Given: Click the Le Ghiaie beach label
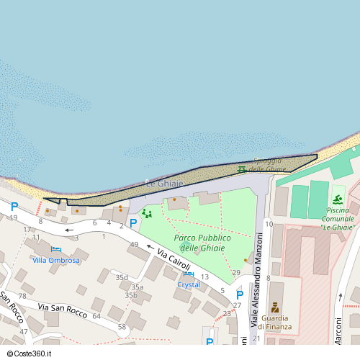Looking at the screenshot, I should [165, 184].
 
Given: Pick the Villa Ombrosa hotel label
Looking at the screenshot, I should [55, 260].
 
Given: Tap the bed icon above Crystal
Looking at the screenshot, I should [189, 274].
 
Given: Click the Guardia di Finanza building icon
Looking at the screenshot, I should [274, 307].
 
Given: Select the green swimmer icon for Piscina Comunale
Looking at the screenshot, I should [338, 199].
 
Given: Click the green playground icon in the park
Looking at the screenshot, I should [147, 213].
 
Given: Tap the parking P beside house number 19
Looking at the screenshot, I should [14, 207].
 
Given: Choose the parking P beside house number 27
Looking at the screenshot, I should [239, 294].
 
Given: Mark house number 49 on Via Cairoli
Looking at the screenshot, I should [134, 245].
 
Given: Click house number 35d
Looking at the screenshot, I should [122, 277].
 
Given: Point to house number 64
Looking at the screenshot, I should [96, 316].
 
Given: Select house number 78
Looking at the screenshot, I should [22, 296].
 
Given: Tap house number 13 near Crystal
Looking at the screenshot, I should [204, 276].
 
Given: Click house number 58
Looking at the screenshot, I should [122, 327].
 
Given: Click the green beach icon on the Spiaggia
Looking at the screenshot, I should [241, 170].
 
